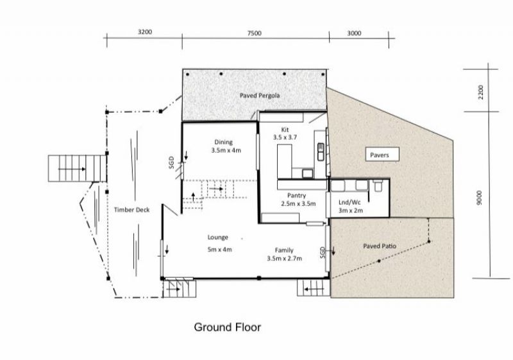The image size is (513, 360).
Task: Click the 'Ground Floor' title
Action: point(228,327)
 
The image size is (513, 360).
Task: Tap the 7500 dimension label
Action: point(254,33)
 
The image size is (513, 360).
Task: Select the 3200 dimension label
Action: point(145,31)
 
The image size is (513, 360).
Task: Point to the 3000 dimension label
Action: point(354,33)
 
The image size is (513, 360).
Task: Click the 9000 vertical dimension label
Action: point(479,198)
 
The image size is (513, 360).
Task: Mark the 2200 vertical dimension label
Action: point(480,92)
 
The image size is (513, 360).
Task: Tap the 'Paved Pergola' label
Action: point(260,96)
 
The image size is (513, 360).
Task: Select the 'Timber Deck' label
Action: point(131,210)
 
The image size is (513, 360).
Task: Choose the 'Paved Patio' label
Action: point(380,246)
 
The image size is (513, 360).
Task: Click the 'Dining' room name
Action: point(223,142)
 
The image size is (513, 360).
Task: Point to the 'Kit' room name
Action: point(285,130)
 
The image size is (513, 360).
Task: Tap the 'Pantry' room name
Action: point(296,195)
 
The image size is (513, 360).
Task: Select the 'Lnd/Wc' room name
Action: point(349,202)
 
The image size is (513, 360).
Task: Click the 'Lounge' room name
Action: point(217,237)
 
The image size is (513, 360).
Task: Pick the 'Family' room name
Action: point(284,250)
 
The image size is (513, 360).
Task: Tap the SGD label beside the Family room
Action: point(323,253)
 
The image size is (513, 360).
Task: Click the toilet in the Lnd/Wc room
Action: point(378,185)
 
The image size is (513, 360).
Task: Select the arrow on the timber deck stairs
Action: point(72,169)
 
